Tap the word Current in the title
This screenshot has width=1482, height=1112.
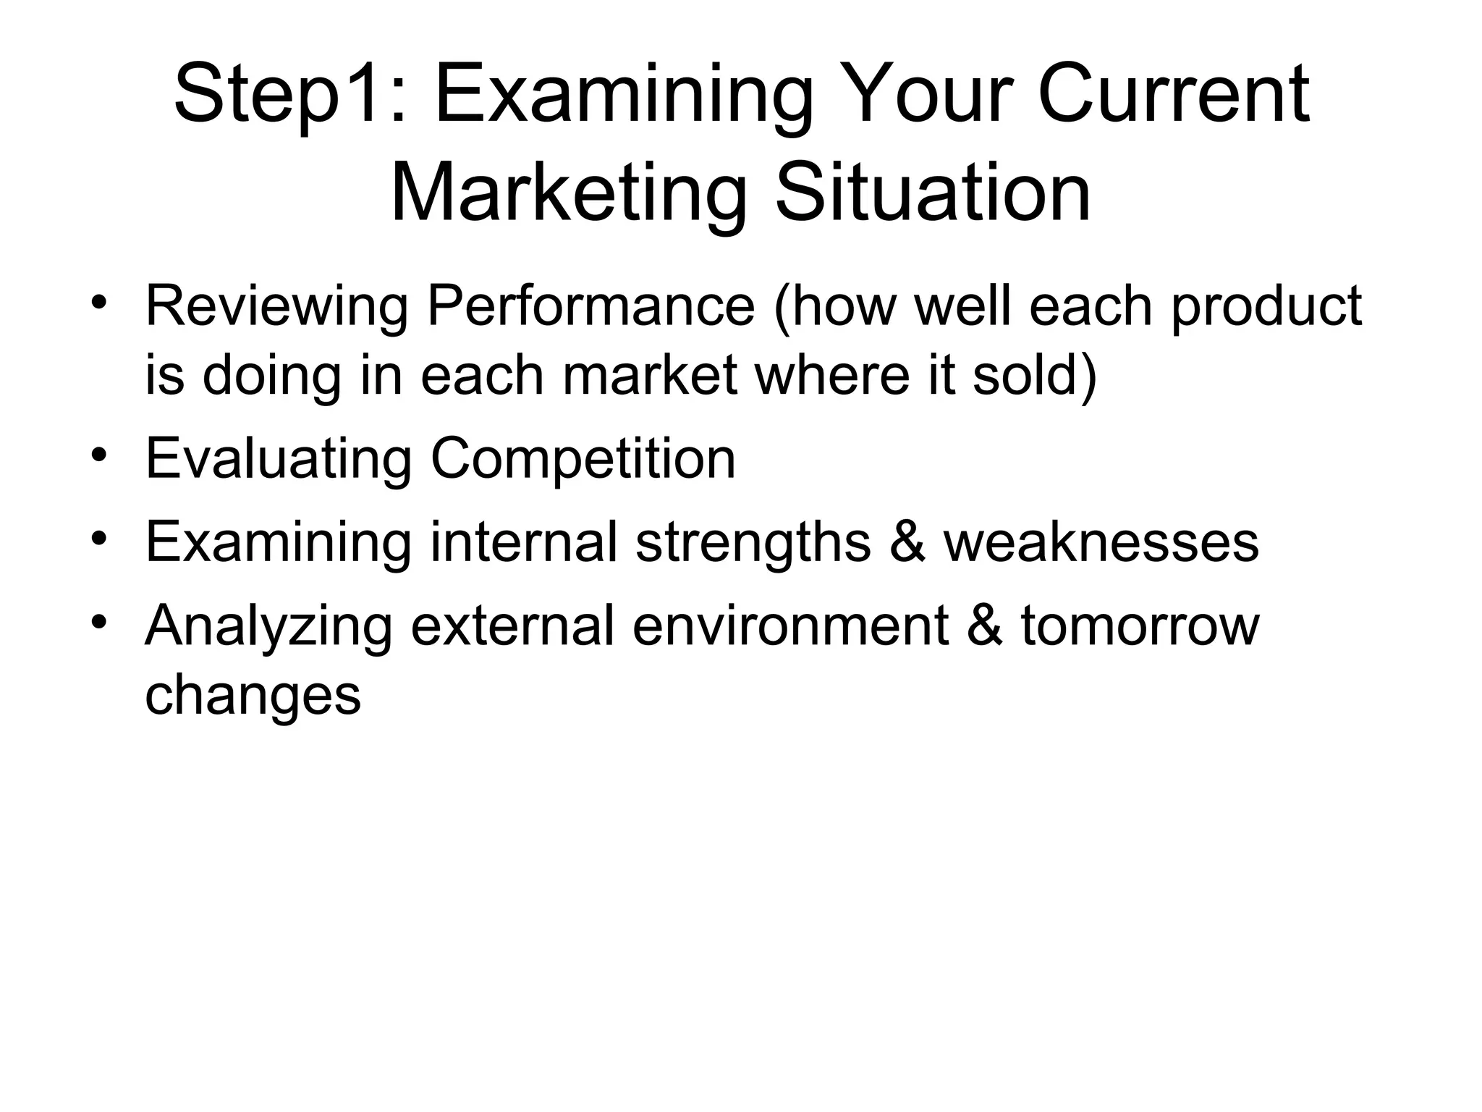pyautogui.click(x=1173, y=95)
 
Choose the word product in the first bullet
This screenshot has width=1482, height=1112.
pyautogui.click(x=1266, y=306)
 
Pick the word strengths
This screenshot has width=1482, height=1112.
pyautogui.click(x=753, y=542)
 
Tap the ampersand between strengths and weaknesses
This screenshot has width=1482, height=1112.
pyautogui.click(x=907, y=542)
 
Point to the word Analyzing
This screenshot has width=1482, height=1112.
pyautogui.click(x=268, y=625)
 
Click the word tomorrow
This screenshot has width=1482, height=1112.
pyautogui.click(x=1140, y=625)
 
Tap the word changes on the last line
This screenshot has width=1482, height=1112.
pyautogui.click(x=253, y=694)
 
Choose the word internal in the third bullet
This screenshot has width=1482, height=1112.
pyautogui.click(x=524, y=542)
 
